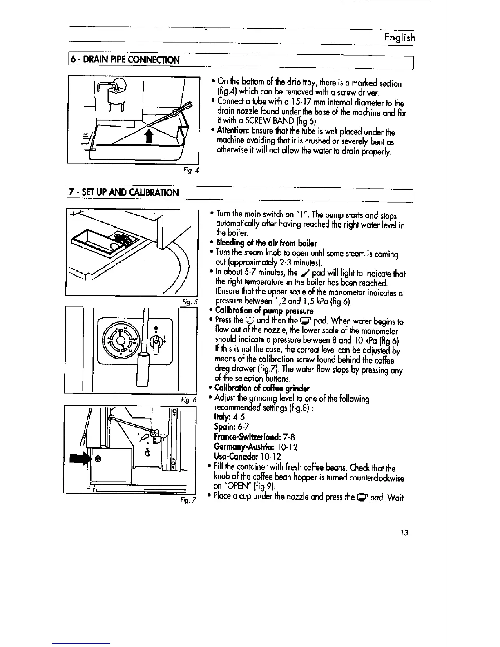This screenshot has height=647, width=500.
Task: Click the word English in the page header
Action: click(x=400, y=38)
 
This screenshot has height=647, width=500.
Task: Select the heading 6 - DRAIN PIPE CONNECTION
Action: click(x=125, y=60)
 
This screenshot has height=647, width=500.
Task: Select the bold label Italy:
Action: click(x=222, y=417)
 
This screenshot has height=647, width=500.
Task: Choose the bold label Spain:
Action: click(x=224, y=427)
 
